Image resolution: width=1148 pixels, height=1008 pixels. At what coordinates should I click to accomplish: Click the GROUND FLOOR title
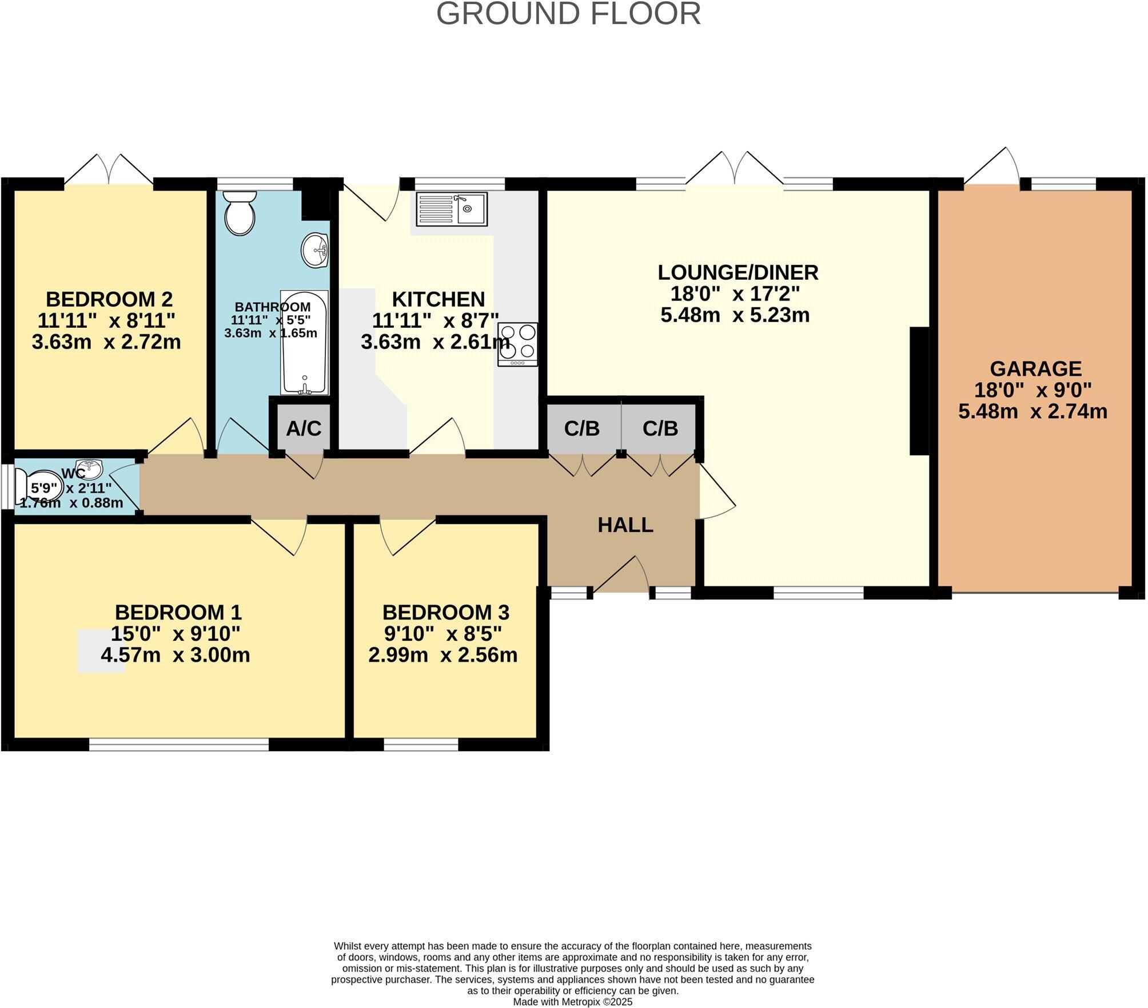(568, 14)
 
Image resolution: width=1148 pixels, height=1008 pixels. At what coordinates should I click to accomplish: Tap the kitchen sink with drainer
(452, 209)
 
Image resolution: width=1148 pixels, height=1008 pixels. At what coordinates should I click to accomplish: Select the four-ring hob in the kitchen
(517, 344)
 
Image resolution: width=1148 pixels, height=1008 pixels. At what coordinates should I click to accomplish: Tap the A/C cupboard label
(304, 428)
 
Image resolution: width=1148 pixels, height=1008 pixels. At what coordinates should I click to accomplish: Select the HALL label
(625, 525)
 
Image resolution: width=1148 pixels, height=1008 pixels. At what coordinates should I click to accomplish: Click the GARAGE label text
(1035, 368)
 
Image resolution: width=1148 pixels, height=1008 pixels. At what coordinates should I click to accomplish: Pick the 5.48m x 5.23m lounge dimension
(735, 315)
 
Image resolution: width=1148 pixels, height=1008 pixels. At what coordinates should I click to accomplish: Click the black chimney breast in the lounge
(919, 391)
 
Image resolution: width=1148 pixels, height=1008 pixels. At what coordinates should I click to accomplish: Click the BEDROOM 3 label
(445, 612)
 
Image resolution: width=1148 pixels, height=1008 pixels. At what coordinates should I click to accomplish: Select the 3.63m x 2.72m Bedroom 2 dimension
(106, 342)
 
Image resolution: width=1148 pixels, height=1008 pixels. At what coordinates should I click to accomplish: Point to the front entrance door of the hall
(621, 575)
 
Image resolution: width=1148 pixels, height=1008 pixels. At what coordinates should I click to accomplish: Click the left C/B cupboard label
(581, 428)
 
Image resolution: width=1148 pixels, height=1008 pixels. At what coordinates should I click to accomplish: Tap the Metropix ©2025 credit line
(572, 1002)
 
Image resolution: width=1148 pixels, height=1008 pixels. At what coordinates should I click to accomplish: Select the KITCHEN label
(438, 299)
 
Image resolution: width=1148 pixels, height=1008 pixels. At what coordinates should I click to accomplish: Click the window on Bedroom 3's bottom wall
(421, 744)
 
